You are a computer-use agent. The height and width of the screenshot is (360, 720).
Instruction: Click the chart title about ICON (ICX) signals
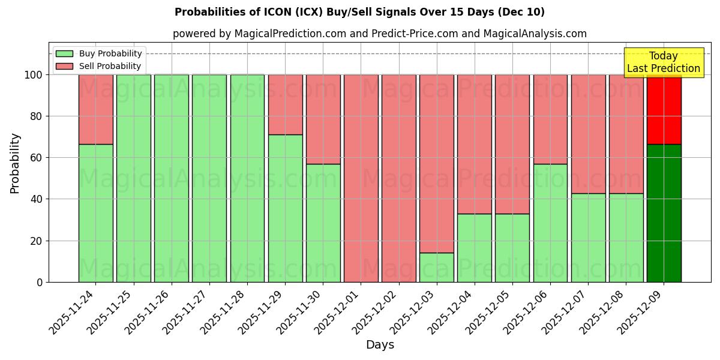(x=359, y=12)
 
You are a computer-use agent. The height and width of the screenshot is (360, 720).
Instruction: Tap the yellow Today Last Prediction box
(x=663, y=62)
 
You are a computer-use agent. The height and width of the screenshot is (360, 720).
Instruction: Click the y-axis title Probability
(x=15, y=163)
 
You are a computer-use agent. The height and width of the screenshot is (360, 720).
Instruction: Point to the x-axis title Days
(x=380, y=345)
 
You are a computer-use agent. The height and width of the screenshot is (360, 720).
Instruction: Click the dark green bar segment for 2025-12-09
(x=664, y=213)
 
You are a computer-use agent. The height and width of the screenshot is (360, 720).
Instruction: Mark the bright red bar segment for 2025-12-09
(x=664, y=109)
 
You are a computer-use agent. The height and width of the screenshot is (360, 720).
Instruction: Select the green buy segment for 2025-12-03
(x=436, y=267)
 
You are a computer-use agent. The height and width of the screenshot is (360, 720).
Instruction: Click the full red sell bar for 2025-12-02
(x=398, y=178)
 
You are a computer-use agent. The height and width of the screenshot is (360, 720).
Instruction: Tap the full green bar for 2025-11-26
(x=171, y=178)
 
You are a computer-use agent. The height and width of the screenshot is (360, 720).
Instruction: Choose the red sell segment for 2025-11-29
(x=285, y=104)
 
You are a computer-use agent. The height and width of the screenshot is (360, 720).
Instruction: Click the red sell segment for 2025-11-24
(x=95, y=109)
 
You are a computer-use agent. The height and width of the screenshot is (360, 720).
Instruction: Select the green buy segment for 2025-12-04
(x=474, y=248)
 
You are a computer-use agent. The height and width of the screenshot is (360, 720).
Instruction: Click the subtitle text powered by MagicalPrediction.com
(x=380, y=34)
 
